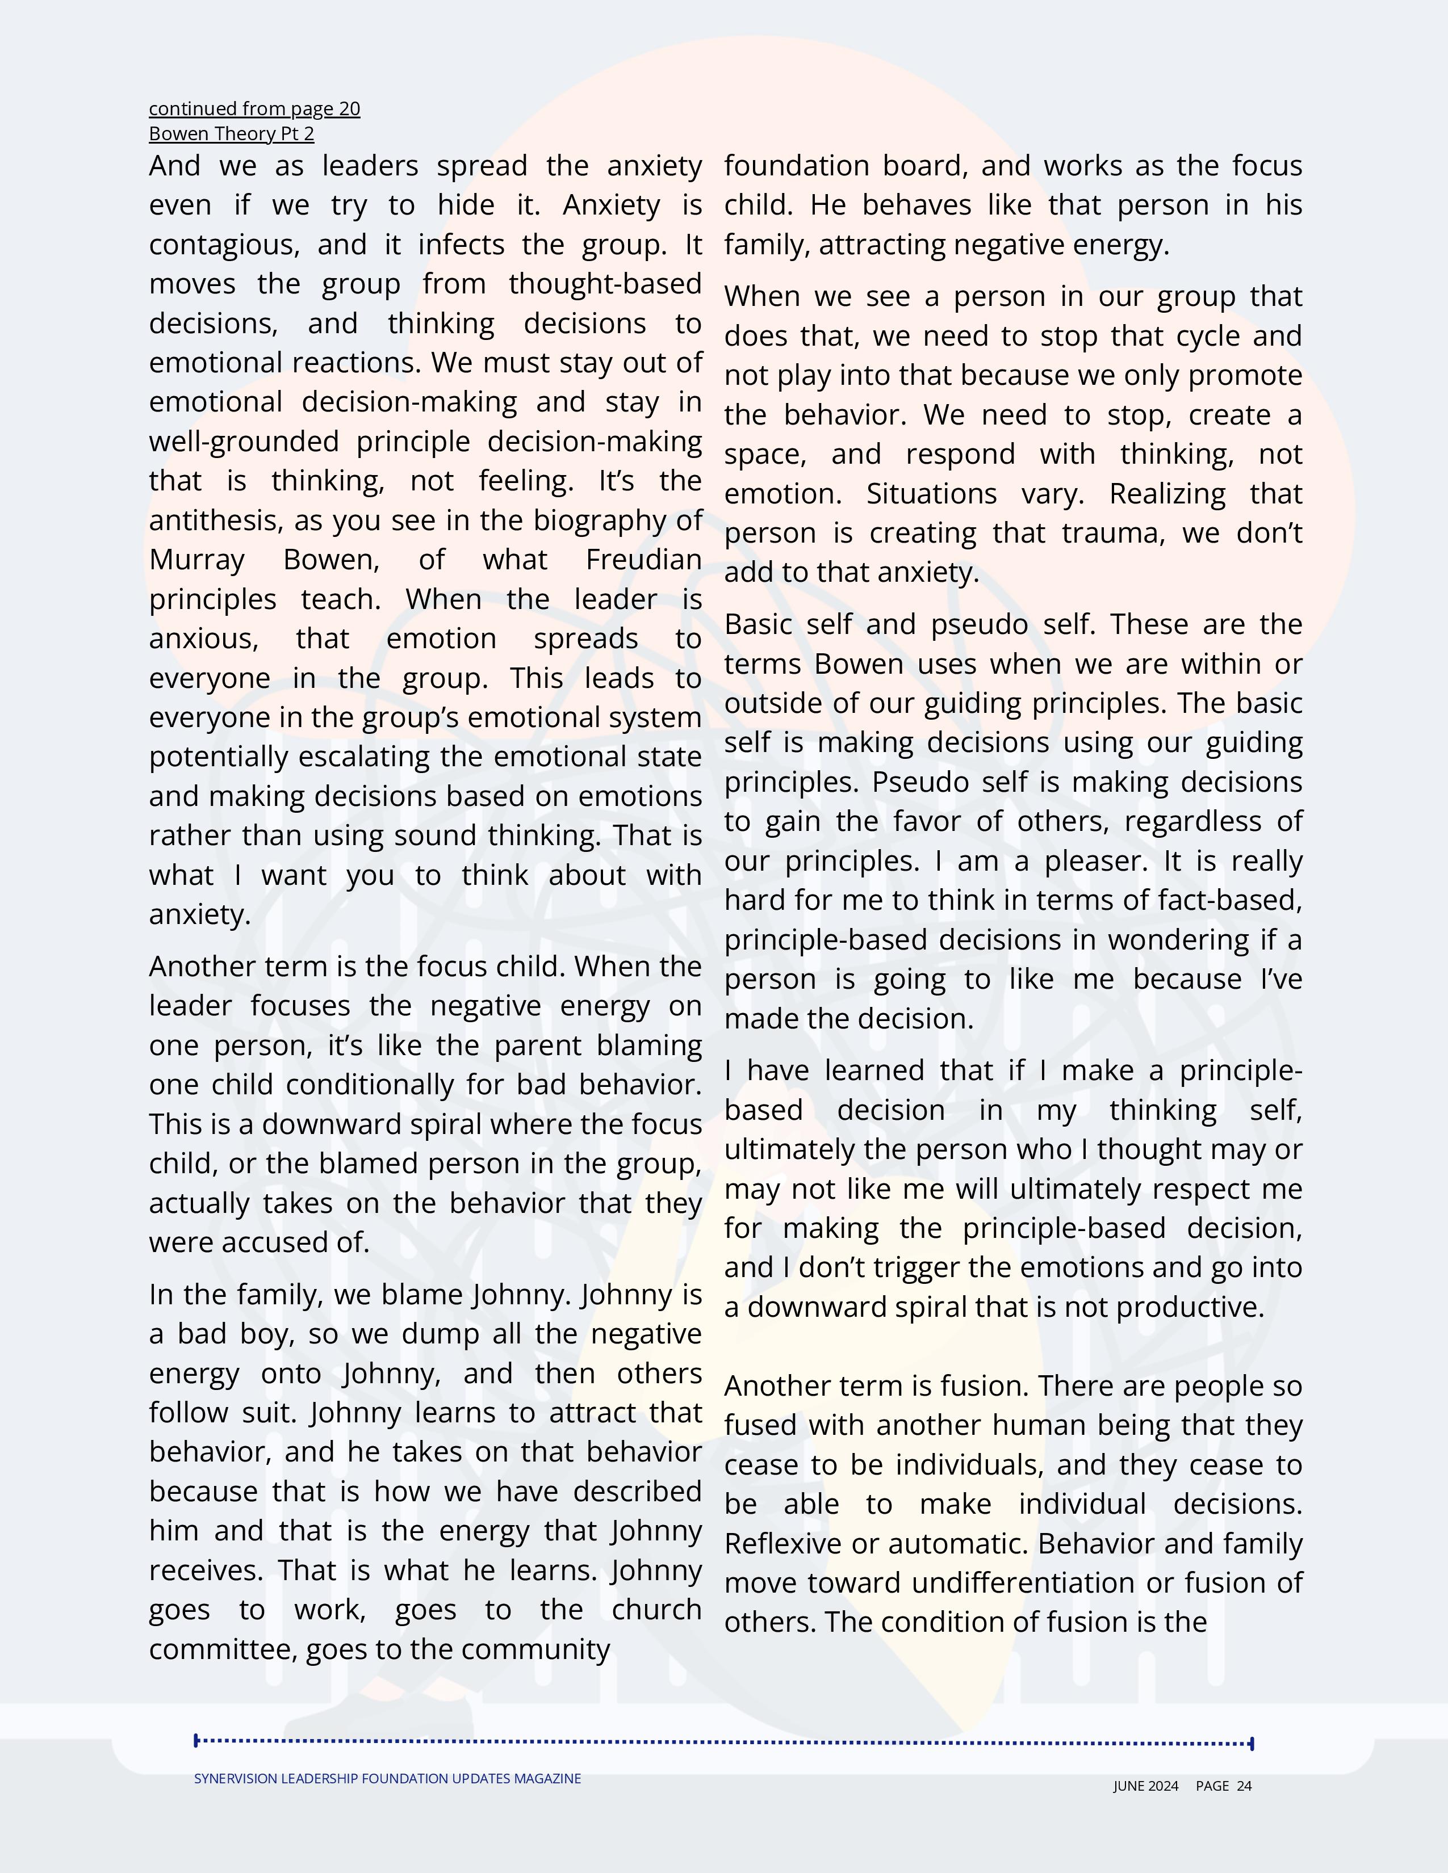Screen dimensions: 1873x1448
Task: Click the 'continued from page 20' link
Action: (254, 109)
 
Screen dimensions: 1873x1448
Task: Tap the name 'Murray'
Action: (196, 560)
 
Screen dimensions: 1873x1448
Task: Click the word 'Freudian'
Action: (643, 560)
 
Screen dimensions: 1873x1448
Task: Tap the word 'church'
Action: (656, 1610)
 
